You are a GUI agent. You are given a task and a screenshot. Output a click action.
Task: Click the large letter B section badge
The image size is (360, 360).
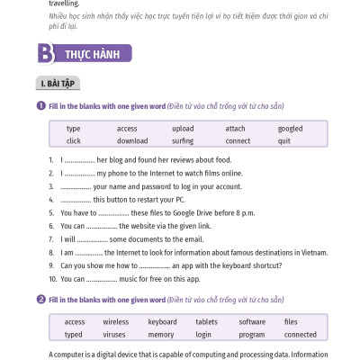[45, 53]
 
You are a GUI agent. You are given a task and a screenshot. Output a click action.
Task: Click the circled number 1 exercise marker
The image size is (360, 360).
[41, 105]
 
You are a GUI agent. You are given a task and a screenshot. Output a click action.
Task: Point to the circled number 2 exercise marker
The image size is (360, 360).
[41, 298]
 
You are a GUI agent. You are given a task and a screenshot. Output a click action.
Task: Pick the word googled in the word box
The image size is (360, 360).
[290, 129]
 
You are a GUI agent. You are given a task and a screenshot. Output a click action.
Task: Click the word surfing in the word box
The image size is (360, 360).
[183, 141]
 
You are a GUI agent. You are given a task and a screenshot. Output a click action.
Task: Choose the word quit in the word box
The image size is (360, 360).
[283, 141]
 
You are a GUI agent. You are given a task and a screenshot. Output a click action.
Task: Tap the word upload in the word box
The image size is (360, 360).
[183, 129]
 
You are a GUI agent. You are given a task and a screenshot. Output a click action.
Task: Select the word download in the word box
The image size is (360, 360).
[132, 141]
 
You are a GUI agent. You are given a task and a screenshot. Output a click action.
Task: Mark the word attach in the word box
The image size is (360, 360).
[235, 129]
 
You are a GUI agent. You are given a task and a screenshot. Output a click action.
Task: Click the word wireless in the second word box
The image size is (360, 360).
[115, 321]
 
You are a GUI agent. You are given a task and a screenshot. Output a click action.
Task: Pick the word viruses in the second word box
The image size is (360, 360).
[114, 334]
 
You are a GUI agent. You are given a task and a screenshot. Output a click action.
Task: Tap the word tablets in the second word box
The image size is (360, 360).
[206, 321]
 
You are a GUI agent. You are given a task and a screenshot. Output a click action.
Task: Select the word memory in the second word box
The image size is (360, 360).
[161, 334]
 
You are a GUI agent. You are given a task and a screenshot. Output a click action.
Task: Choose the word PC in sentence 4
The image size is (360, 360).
[179, 199]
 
